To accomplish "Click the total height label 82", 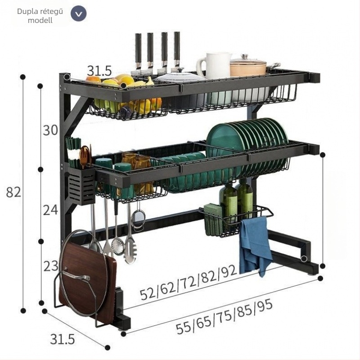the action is (13, 192).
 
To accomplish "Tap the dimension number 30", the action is (50, 130).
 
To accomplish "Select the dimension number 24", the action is (50, 210).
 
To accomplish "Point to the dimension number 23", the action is (51, 266).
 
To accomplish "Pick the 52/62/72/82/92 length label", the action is (188, 283).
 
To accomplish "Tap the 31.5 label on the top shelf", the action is (99, 71).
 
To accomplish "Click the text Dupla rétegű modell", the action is (40, 16).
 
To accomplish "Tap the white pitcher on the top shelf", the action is (215, 66).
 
